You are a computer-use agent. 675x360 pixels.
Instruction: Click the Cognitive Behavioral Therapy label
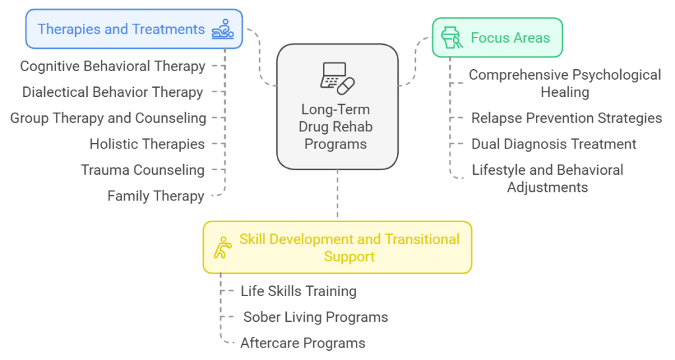click(113, 66)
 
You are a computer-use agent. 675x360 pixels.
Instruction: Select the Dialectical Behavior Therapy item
click(113, 92)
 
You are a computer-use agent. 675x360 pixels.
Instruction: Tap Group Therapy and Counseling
click(108, 118)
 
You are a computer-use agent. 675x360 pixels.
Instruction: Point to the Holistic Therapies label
click(147, 144)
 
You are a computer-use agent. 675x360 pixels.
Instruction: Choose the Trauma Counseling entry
click(142, 170)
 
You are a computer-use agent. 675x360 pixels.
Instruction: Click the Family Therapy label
click(156, 196)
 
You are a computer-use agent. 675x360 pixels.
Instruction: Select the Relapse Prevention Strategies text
click(566, 118)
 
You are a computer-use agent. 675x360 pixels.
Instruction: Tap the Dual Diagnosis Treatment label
click(554, 144)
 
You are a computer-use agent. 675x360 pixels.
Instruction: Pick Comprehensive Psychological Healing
click(565, 83)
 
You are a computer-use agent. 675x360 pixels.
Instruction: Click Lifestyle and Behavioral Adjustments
click(547, 178)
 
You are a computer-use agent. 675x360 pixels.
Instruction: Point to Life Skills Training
click(299, 291)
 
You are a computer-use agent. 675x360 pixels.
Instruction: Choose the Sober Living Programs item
click(316, 317)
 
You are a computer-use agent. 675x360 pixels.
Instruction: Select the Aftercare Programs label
click(303, 343)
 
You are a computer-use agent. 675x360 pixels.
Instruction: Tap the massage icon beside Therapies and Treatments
click(223, 30)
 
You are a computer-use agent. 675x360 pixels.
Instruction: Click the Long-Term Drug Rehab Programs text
click(337, 127)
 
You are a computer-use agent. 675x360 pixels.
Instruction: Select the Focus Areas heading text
click(510, 38)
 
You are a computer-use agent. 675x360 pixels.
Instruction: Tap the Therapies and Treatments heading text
click(121, 29)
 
